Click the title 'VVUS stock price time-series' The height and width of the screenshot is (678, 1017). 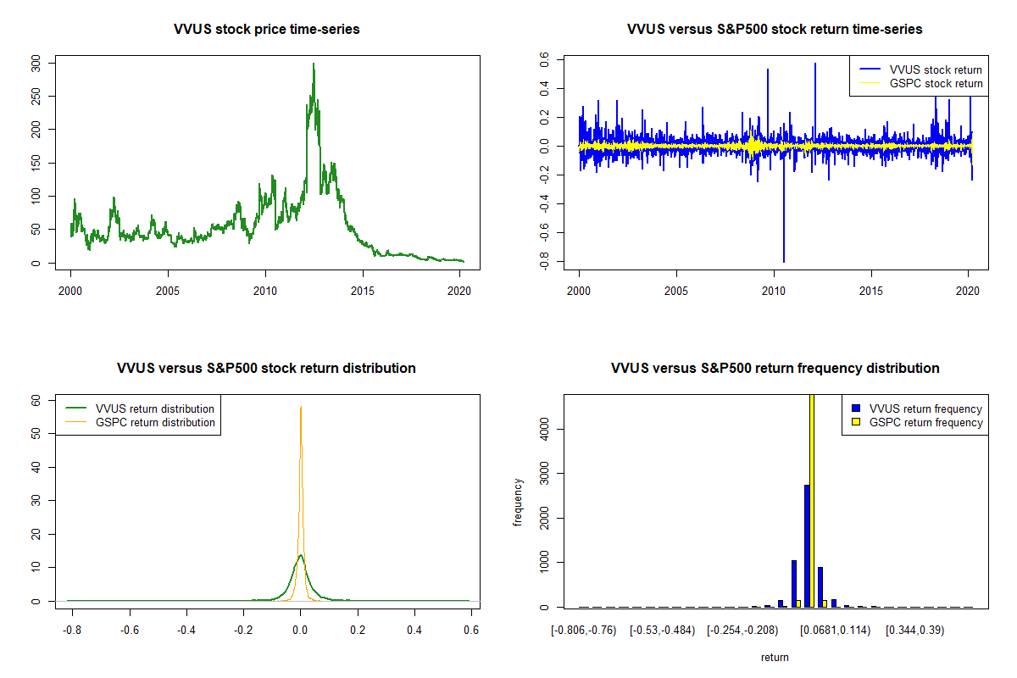[267, 30]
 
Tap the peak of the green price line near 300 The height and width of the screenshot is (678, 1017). [314, 64]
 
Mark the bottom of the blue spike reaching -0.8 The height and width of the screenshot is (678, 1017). [784, 261]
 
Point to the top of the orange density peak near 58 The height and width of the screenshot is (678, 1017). [301, 408]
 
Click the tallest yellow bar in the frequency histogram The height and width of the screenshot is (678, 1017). [812, 500]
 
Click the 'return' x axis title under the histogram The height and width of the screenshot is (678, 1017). [775, 657]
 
